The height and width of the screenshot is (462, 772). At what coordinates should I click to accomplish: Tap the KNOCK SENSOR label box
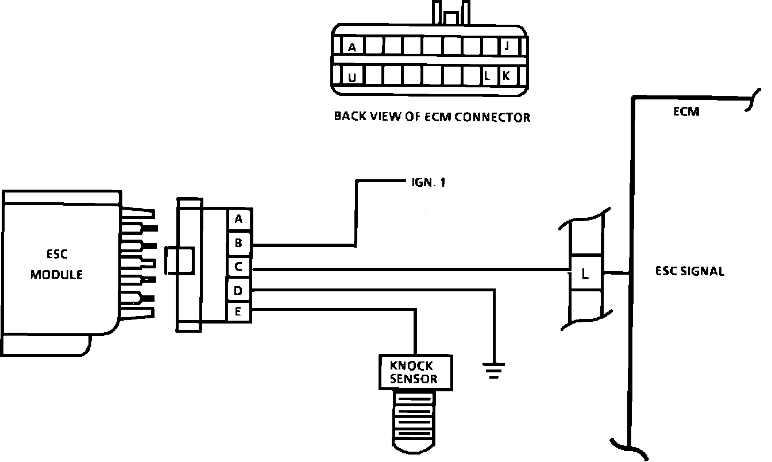[x=414, y=372]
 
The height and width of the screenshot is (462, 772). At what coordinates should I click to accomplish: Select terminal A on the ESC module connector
[x=238, y=219]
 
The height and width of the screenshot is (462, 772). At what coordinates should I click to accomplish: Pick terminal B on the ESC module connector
[x=238, y=243]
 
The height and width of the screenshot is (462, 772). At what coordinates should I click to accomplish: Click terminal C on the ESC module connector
[x=238, y=267]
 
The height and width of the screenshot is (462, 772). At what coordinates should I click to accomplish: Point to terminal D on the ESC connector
[x=238, y=291]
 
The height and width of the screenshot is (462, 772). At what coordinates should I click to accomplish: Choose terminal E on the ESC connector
[x=238, y=313]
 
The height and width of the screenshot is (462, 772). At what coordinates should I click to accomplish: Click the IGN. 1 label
[x=429, y=183]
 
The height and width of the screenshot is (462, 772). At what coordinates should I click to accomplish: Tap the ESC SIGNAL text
[x=689, y=271]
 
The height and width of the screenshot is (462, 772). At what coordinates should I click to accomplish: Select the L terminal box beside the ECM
[x=585, y=274]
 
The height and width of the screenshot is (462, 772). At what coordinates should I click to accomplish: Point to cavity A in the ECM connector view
[x=352, y=48]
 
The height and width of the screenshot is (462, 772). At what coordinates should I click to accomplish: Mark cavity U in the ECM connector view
[x=352, y=76]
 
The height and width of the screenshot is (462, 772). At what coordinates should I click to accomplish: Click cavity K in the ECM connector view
[x=506, y=76]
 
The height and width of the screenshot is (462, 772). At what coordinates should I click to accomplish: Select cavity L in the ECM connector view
[x=487, y=76]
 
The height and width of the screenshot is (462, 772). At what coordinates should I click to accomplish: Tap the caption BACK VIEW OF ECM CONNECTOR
[x=432, y=117]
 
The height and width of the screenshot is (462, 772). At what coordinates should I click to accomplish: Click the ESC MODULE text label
[x=56, y=265]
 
